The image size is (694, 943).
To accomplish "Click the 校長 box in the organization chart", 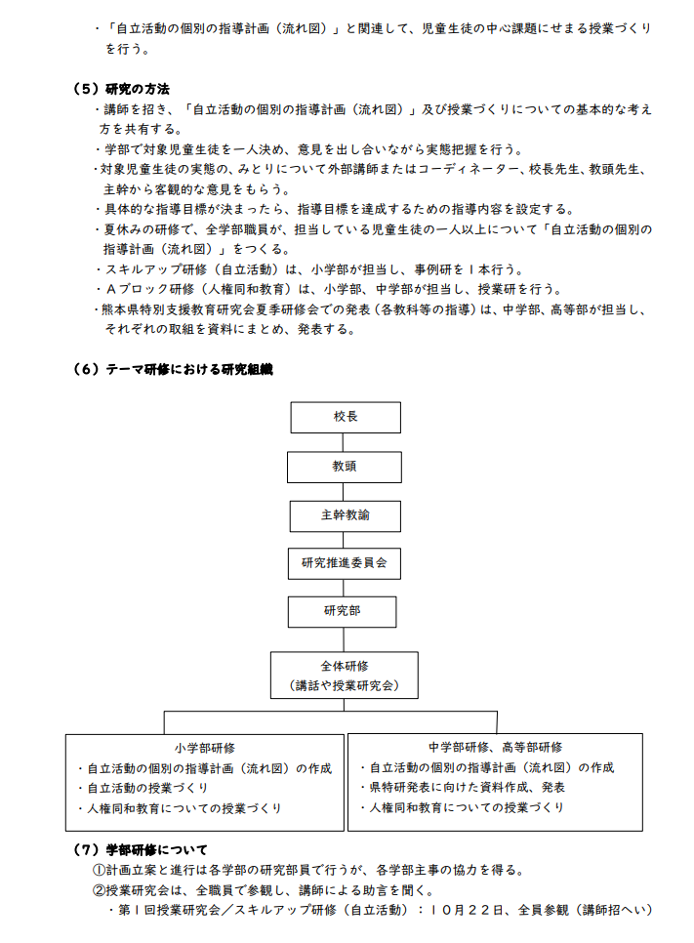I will click(x=346, y=417).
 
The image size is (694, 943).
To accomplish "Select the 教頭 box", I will click(x=344, y=467).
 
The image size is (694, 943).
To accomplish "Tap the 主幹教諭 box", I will click(x=345, y=514).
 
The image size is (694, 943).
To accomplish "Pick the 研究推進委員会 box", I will click(x=345, y=563).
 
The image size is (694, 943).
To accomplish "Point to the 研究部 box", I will click(x=342, y=611).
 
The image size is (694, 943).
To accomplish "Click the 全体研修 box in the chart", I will click(x=344, y=675).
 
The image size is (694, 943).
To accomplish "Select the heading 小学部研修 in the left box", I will click(x=205, y=748).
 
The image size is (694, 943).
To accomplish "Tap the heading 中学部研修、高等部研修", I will click(x=495, y=748).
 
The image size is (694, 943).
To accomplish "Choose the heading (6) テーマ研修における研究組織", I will click(x=173, y=369).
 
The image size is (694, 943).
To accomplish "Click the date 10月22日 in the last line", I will click(x=465, y=910).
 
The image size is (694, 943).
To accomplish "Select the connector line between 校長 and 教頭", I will click(x=345, y=441).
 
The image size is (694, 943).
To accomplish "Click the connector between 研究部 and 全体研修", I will click(x=344, y=639).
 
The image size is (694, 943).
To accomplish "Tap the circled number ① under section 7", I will click(x=99, y=870).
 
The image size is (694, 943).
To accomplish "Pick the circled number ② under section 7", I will click(x=99, y=890).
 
